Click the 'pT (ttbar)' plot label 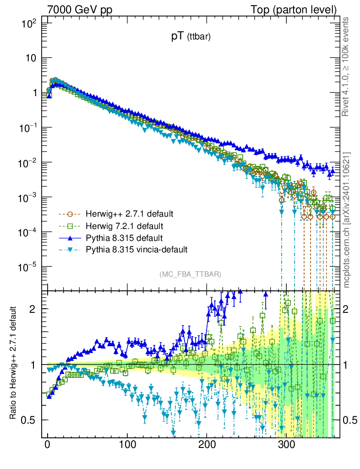tap(191, 38)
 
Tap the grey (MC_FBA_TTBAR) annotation tap(191, 274)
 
